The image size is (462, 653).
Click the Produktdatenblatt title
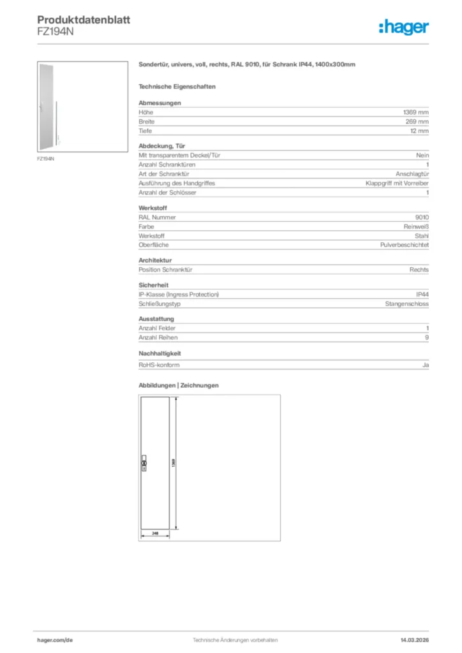(84, 20)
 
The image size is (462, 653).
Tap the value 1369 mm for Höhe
(416, 112)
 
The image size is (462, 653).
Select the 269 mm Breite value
(418, 121)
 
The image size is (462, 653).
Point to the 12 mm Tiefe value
(419, 131)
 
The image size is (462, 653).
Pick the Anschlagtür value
(412, 173)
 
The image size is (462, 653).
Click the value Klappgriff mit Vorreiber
(397, 183)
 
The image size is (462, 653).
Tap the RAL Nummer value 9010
(422, 217)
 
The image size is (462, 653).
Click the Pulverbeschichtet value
(404, 245)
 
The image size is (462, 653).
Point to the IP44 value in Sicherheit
(422, 294)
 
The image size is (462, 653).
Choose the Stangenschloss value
(406, 304)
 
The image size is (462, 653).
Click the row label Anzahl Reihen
(158, 337)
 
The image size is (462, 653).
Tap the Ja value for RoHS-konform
(425, 365)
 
